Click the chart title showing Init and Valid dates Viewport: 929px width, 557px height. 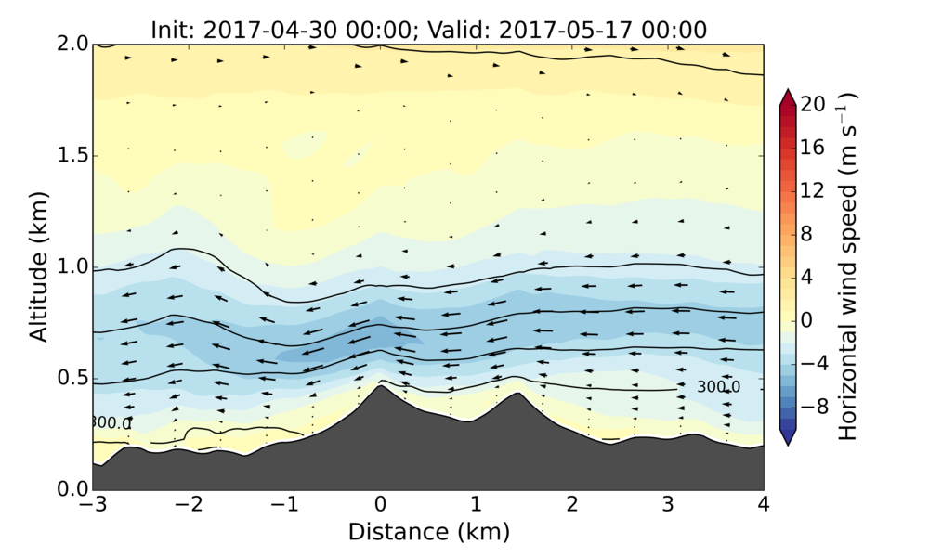[x=428, y=30]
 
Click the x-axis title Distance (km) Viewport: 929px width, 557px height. [x=428, y=532]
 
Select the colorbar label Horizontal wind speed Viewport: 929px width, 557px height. [x=847, y=267]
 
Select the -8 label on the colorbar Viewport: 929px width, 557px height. [x=814, y=407]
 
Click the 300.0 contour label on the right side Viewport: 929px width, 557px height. [x=718, y=387]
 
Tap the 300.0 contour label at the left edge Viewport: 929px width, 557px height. [x=111, y=423]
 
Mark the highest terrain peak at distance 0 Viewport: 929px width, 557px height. [x=380, y=385]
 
